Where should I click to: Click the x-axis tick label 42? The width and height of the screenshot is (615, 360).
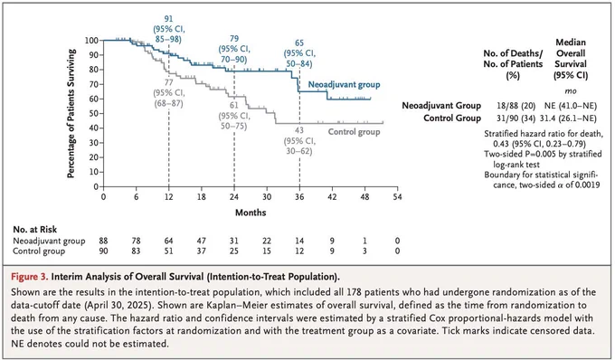pos(332,197)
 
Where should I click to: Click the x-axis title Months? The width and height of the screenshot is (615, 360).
pos(251,213)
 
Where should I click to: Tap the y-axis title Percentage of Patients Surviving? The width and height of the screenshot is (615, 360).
pos(71,113)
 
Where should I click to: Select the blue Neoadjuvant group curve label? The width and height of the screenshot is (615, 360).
pos(344,85)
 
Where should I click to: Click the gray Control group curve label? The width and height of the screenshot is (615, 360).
pos(355,132)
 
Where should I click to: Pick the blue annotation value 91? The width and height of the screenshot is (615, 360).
pos(168,19)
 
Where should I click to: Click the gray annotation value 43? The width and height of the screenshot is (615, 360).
pos(299,130)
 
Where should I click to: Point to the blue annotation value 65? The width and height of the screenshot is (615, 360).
pos(299,43)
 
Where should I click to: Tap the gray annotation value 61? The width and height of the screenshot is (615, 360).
pos(234,106)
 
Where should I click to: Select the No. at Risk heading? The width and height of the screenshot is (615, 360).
pos(35,230)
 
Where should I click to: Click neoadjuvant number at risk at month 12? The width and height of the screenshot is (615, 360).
pos(168,241)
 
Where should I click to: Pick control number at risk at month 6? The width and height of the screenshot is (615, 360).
pos(136,251)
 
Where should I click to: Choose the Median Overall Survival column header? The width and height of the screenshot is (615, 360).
pos(571,59)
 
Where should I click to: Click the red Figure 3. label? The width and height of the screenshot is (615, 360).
pos(30,277)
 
